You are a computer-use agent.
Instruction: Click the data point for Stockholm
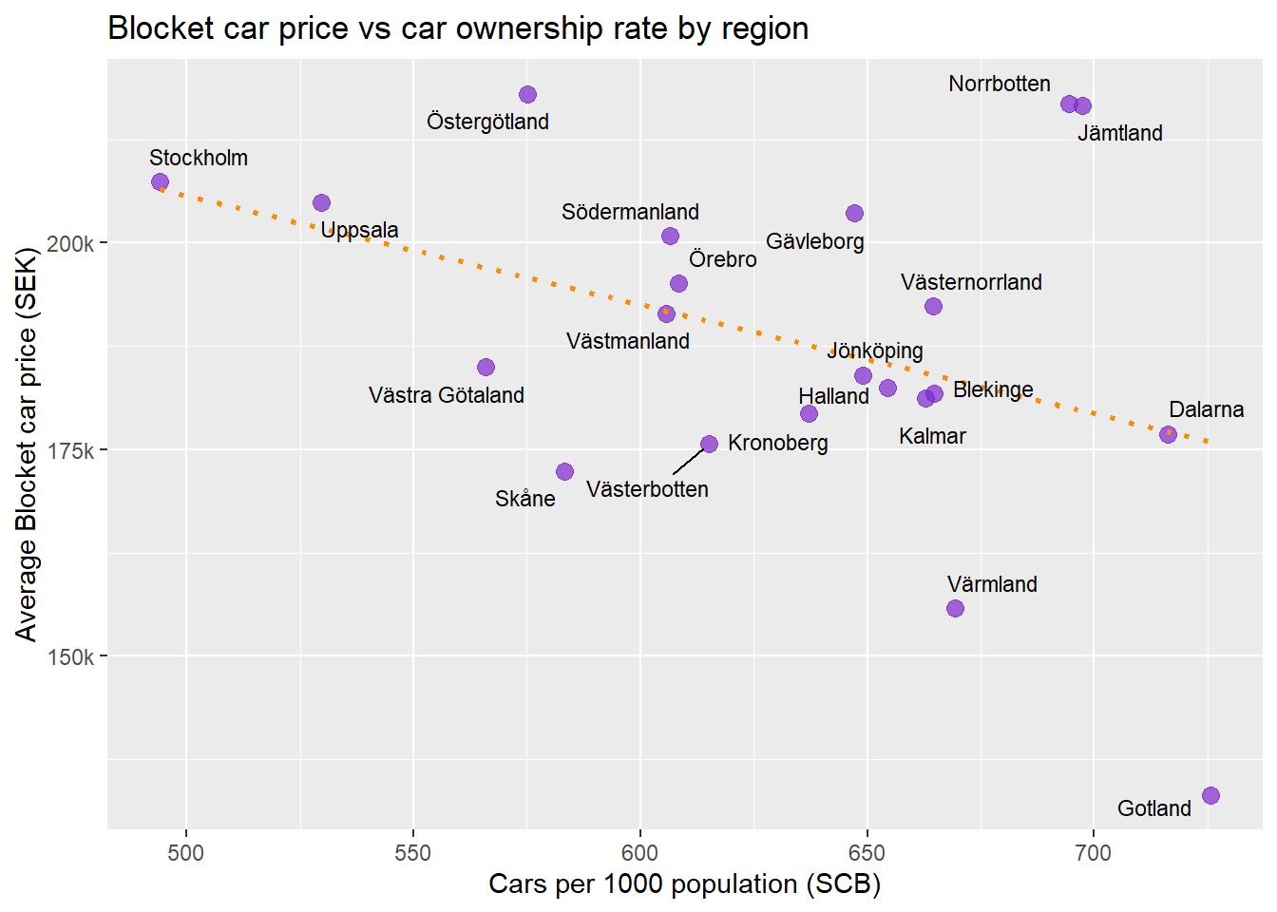tap(160, 181)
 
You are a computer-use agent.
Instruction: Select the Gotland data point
tap(1210, 795)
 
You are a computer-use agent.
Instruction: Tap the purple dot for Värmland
tap(955, 608)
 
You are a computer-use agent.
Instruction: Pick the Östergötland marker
tap(527, 94)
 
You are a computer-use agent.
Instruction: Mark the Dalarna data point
tap(1168, 434)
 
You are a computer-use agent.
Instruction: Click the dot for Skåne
tap(564, 471)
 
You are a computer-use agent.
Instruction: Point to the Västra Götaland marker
tap(486, 367)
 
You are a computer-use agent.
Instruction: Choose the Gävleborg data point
tap(854, 213)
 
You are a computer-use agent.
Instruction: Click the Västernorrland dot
tap(933, 306)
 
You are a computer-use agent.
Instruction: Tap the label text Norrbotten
tap(999, 84)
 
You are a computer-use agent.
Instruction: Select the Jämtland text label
tap(1119, 133)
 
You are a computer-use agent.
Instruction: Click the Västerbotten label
tap(647, 489)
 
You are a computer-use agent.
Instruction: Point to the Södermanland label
tap(630, 212)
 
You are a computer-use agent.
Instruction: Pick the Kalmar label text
tap(932, 436)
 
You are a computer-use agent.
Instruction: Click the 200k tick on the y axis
tap(70, 243)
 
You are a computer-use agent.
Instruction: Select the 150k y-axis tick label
tap(70, 656)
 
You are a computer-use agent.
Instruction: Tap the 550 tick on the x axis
tap(412, 853)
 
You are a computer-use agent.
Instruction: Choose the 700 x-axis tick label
tap(1093, 853)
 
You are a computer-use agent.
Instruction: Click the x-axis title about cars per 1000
tap(684, 884)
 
